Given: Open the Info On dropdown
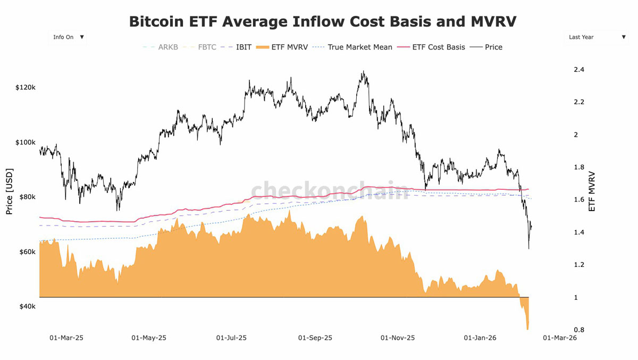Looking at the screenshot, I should click(68, 37).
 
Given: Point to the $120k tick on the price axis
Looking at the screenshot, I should click(26, 87).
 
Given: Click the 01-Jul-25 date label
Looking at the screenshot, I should click(232, 338).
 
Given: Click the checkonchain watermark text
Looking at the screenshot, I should click(330, 190).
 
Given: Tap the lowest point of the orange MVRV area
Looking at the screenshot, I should click(528, 329).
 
